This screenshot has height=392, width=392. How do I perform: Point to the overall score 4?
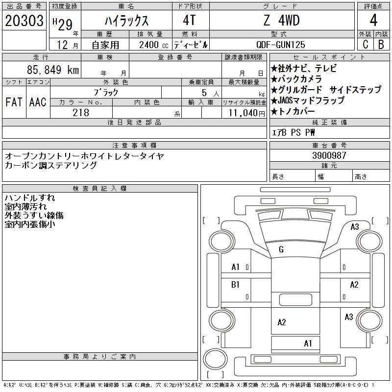click(373, 21)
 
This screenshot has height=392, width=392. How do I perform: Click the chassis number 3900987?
click(329, 155)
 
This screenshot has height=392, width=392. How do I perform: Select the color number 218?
click(81, 112)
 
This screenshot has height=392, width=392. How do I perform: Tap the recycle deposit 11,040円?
click(244, 112)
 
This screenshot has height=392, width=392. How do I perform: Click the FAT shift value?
click(14, 102)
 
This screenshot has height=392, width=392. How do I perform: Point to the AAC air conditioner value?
click(38, 102)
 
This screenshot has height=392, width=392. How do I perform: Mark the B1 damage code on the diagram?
click(235, 284)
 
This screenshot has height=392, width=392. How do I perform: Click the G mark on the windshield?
click(281, 249)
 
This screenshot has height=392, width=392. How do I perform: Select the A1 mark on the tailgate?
click(308, 343)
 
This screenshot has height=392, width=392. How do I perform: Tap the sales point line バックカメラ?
click(300, 79)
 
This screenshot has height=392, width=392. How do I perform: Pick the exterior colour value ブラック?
click(105, 92)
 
